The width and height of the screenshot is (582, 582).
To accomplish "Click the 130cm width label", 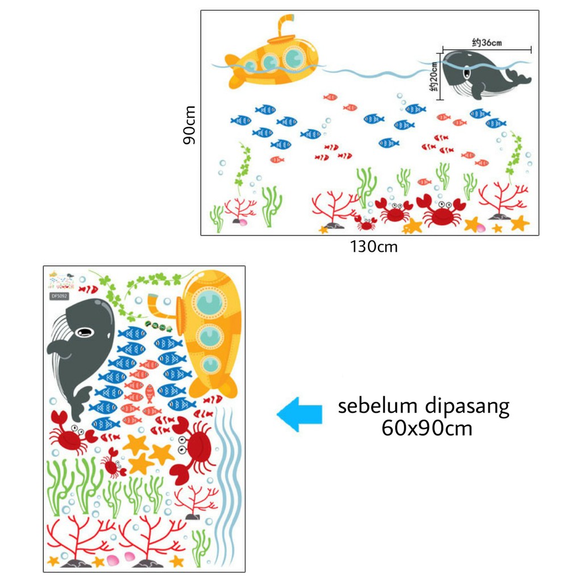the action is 373,247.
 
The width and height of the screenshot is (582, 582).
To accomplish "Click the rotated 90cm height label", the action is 190,124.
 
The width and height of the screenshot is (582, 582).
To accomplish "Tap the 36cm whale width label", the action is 487,42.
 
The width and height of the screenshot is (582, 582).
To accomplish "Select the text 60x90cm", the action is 427,427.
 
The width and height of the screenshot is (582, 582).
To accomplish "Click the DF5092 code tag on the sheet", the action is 59,296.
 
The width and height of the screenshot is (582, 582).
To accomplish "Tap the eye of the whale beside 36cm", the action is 467,72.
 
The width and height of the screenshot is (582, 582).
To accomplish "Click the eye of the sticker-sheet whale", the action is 86,331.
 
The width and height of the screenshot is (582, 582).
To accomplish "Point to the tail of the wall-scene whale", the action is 519,78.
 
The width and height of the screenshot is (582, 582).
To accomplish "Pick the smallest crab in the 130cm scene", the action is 366,222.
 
